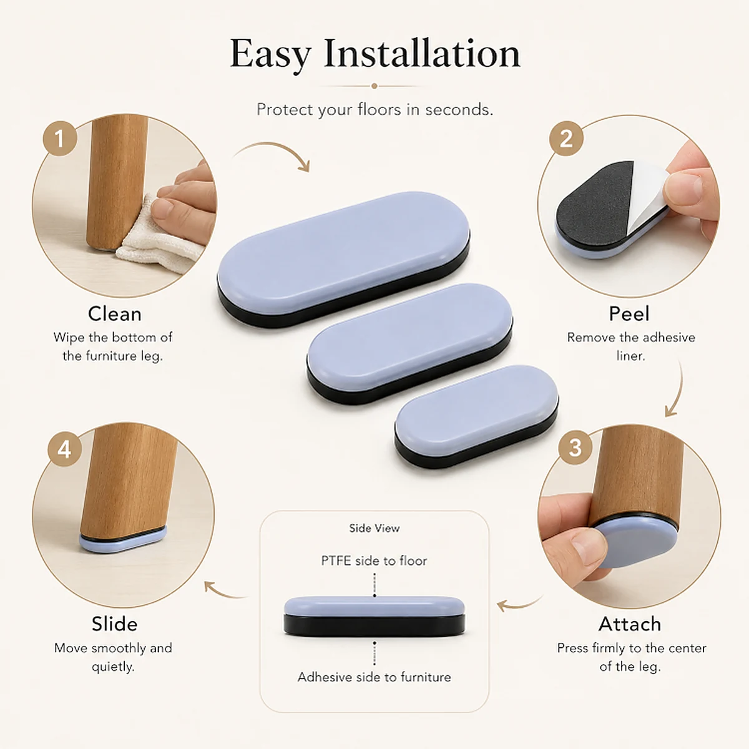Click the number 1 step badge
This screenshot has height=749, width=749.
(59, 139)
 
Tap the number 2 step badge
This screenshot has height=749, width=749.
(566, 139)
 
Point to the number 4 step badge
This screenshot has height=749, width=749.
(64, 449)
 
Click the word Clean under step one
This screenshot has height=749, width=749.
(115, 314)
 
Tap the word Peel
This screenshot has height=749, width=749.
(629, 314)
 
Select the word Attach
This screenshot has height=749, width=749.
(630, 624)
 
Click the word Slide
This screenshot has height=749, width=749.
(115, 624)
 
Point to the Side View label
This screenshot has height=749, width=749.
(374, 528)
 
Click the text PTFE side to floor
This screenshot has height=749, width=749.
(374, 561)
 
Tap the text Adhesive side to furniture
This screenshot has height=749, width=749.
(374, 677)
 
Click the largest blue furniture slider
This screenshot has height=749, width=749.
(343, 259)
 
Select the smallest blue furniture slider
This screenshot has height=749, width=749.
(476, 417)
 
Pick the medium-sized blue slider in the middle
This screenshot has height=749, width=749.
(409, 343)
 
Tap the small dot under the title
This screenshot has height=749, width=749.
(374, 86)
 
